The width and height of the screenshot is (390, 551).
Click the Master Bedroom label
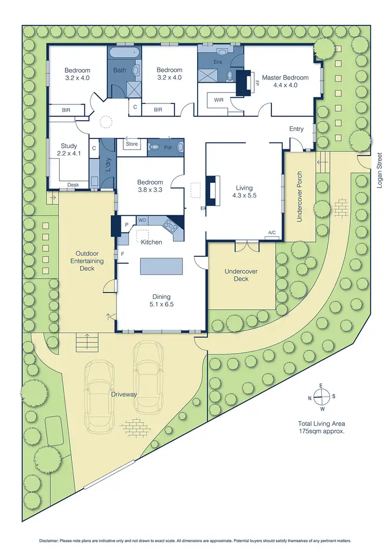click(x=285, y=78)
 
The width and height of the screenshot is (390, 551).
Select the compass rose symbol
click(x=322, y=396)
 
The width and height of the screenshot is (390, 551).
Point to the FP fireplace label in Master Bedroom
click(x=256, y=83)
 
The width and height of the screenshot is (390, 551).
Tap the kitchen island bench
click(x=161, y=266)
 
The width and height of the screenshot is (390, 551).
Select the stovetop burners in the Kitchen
click(x=171, y=224)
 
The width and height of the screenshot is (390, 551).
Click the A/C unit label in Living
click(x=271, y=233)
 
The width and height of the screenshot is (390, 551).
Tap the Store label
click(x=132, y=143)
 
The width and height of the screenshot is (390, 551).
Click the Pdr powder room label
click(x=168, y=147)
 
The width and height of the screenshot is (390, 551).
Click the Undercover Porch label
click(x=300, y=197)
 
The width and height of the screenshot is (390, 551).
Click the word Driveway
click(x=124, y=395)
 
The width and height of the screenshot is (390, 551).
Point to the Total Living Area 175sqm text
click(x=322, y=427)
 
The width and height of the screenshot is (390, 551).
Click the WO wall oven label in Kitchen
click(x=141, y=220)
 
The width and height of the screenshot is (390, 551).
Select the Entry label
click(x=296, y=128)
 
